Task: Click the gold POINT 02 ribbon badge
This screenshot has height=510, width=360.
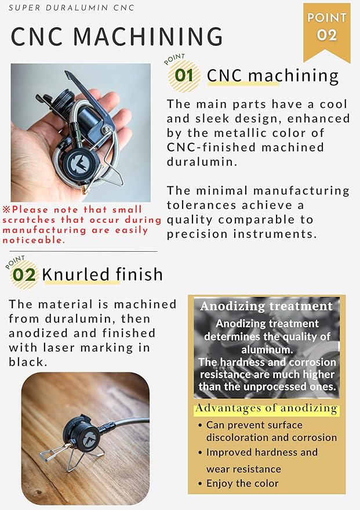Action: click(326, 31)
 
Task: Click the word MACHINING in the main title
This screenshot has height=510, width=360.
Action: click(148, 36)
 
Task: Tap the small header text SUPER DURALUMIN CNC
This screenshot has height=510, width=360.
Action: click(71, 8)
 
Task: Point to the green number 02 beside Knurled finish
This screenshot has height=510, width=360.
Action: click(24, 275)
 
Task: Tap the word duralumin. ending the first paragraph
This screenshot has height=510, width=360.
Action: click(202, 162)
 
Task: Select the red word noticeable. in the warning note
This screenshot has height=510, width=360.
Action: click(34, 240)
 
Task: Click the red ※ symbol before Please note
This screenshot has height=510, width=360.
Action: click(6, 209)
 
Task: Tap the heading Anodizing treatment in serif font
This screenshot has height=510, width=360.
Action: click(267, 306)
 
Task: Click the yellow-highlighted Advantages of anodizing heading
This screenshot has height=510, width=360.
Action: click(267, 408)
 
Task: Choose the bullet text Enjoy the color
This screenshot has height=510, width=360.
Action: click(242, 483)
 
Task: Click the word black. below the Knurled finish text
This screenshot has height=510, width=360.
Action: click(28, 361)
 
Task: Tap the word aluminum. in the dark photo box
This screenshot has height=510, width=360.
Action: click(267, 350)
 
